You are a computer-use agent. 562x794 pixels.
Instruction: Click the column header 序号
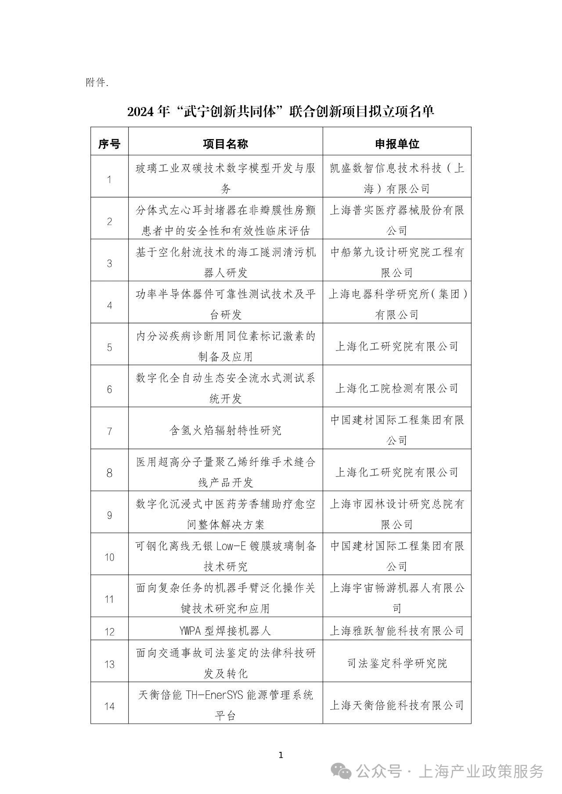click(x=109, y=143)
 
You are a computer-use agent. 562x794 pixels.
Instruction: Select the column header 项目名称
click(x=225, y=143)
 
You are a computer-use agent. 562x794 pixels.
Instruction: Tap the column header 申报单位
click(x=396, y=143)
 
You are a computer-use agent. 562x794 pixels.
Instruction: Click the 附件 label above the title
click(x=97, y=82)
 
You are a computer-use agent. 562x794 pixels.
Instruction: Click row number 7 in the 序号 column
click(x=109, y=431)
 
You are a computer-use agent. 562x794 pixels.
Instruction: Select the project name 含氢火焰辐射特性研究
click(x=225, y=430)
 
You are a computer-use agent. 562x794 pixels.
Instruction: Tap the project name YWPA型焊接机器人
click(x=225, y=631)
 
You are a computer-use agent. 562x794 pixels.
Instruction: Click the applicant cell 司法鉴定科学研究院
click(x=396, y=663)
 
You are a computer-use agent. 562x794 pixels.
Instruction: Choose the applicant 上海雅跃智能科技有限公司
click(x=396, y=631)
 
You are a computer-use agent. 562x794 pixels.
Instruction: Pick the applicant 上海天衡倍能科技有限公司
click(x=396, y=705)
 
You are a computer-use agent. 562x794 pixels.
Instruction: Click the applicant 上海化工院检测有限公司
click(x=396, y=388)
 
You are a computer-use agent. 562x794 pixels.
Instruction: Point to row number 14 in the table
click(x=109, y=706)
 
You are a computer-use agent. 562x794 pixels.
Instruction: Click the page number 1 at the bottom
click(x=281, y=755)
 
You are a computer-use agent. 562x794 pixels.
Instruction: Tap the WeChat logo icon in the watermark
click(x=341, y=771)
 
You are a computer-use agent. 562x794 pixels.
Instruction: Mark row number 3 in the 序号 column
click(x=109, y=263)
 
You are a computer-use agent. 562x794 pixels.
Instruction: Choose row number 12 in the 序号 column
click(x=109, y=632)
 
